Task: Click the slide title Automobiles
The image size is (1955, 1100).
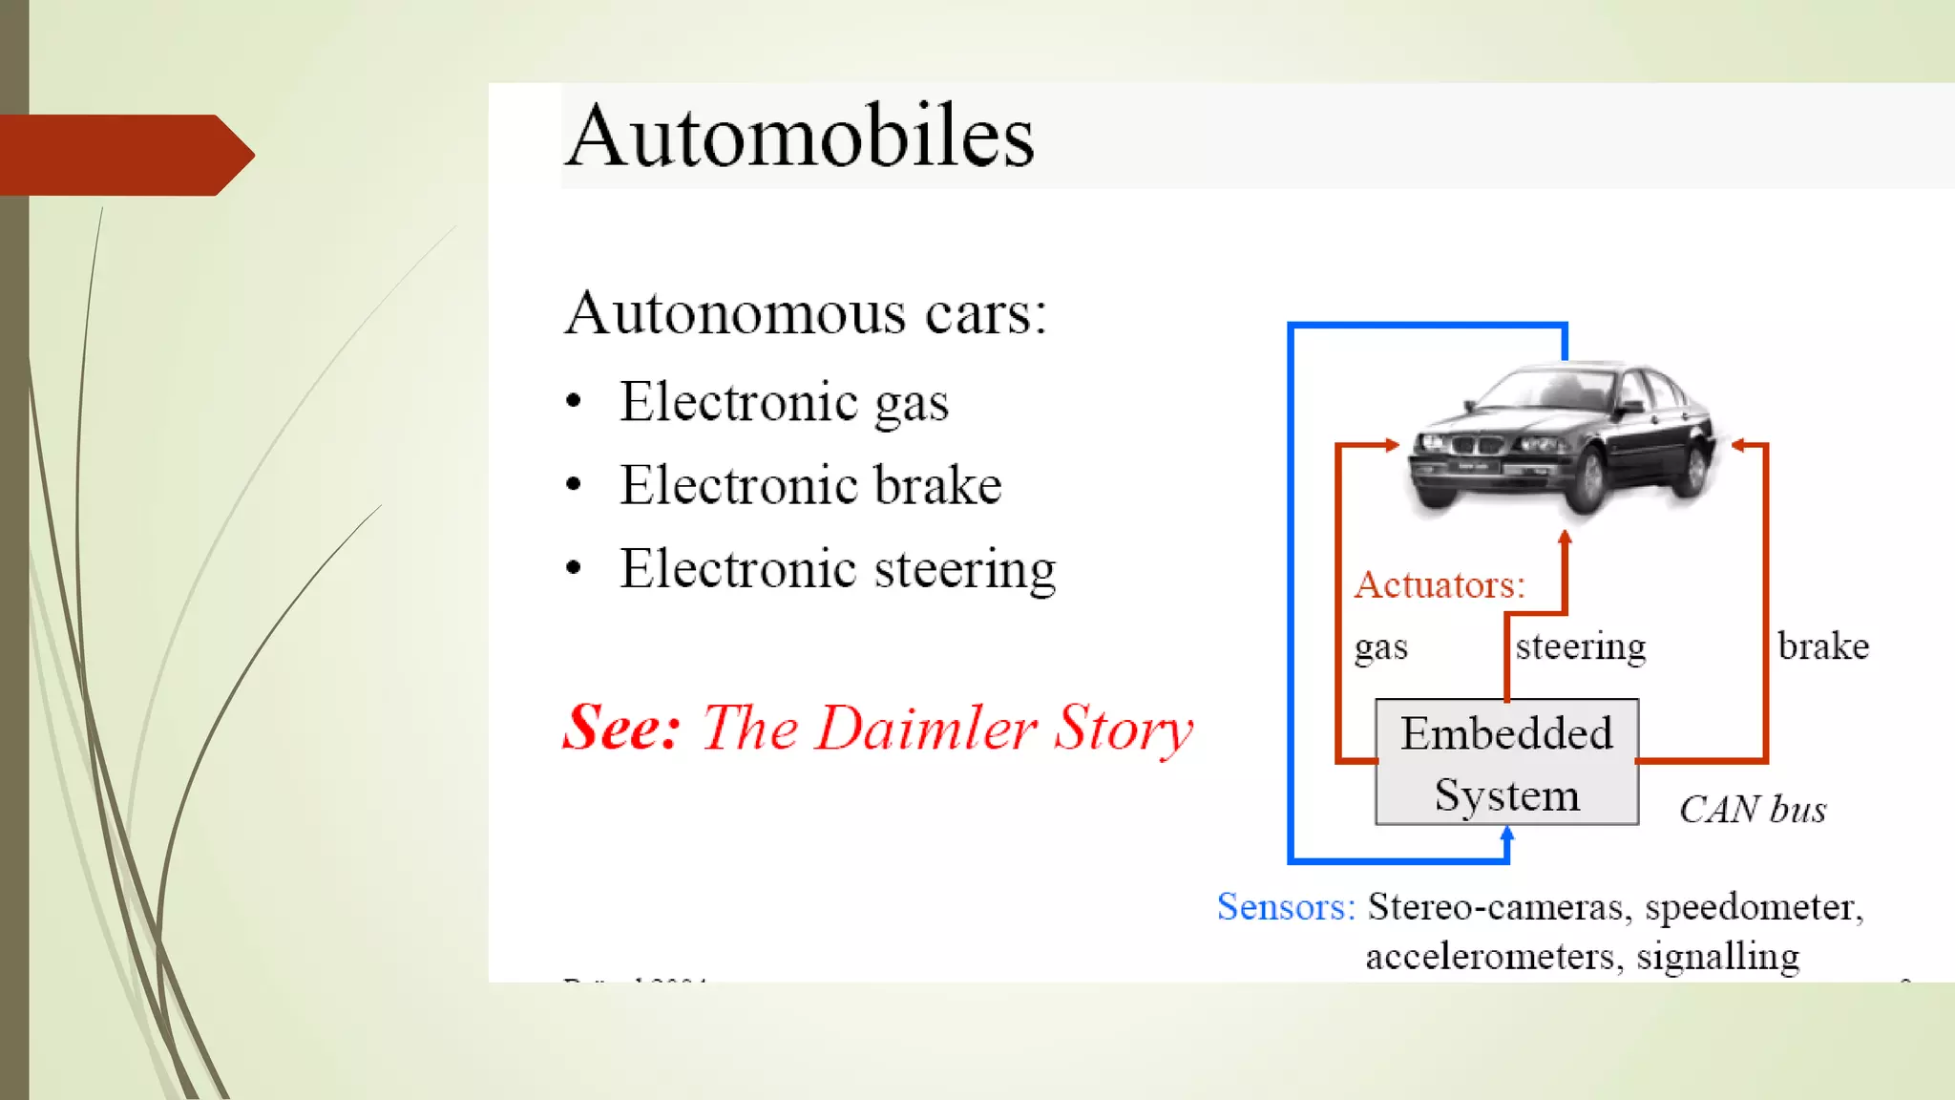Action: (799, 137)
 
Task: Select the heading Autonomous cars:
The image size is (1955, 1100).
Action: (805, 313)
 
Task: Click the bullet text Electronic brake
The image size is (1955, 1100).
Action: (809, 485)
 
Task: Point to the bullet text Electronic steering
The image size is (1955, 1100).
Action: (837, 569)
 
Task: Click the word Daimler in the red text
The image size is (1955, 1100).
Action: (926, 729)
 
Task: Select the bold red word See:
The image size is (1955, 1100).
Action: (620, 729)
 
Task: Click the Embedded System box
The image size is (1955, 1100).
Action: (1506, 763)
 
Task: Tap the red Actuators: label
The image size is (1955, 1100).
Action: (1440, 584)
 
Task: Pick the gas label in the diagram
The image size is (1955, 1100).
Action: (1380, 647)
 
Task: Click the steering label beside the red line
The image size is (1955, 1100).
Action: (1581, 646)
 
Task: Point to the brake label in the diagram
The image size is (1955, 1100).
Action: (1822, 646)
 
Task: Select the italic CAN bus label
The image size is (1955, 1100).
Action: (1752, 810)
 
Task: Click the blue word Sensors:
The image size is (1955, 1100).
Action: (1285, 906)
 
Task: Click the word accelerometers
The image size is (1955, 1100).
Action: (1493, 956)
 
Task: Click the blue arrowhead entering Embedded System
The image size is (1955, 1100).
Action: (1507, 835)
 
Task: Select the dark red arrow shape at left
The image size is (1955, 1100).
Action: (124, 155)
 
